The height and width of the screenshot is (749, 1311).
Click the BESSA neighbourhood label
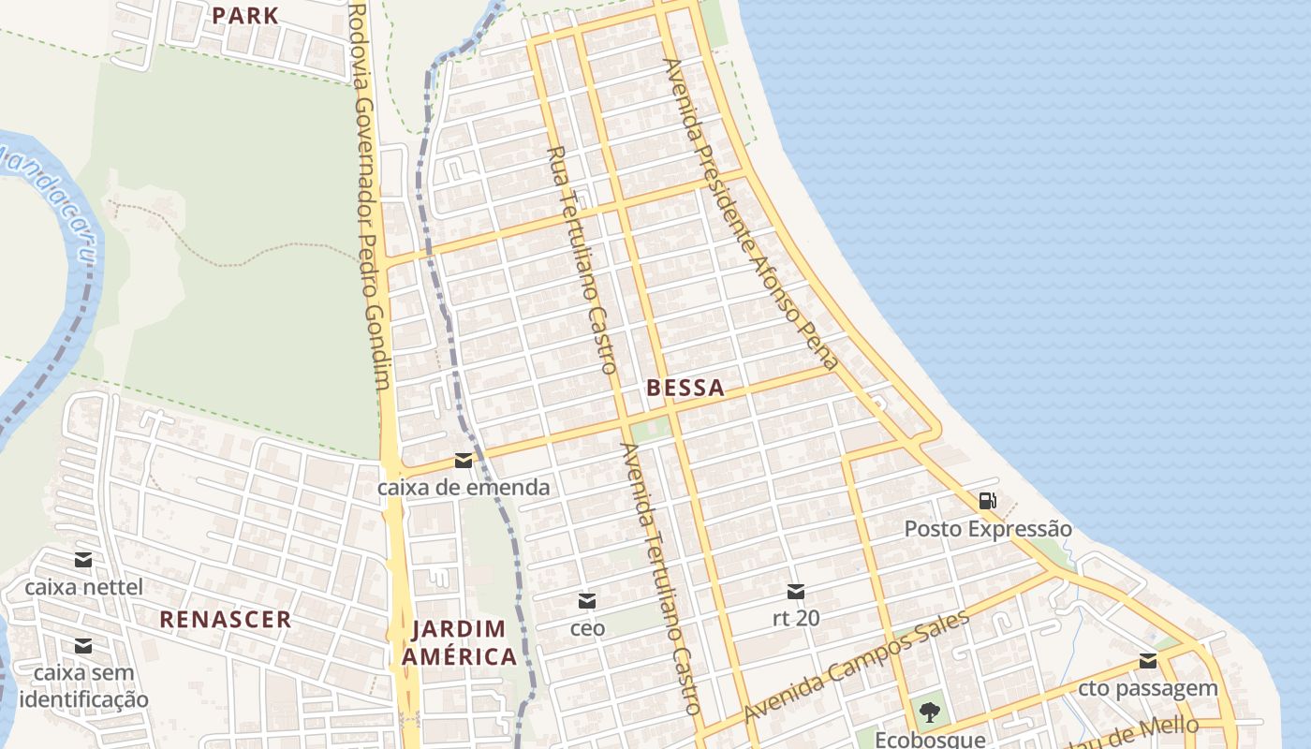coord(685,388)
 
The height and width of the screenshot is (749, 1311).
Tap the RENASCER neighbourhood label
coord(225,619)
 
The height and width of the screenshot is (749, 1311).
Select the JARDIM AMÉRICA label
coord(459,642)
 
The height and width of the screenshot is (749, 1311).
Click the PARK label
coord(244,15)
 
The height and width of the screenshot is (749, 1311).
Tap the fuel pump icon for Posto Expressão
coord(987,501)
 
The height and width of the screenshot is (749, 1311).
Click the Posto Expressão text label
coord(987,529)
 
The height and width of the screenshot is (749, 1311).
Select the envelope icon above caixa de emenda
coord(463,460)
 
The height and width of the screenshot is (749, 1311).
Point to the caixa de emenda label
coord(463,488)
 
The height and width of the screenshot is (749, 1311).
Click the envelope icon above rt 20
coord(795,591)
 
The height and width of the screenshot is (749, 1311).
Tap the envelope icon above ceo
coord(587,600)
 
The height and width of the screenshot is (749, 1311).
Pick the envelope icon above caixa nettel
coord(83,560)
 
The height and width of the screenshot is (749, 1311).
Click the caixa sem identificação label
coord(83,686)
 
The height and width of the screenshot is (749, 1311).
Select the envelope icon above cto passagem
coord(1148,662)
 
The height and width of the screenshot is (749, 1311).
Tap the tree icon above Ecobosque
coord(929,712)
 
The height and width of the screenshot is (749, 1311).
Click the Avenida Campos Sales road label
coord(856,666)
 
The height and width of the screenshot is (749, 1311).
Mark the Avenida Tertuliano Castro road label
coord(661,578)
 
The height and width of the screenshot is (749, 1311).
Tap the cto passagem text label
coord(1148,689)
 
